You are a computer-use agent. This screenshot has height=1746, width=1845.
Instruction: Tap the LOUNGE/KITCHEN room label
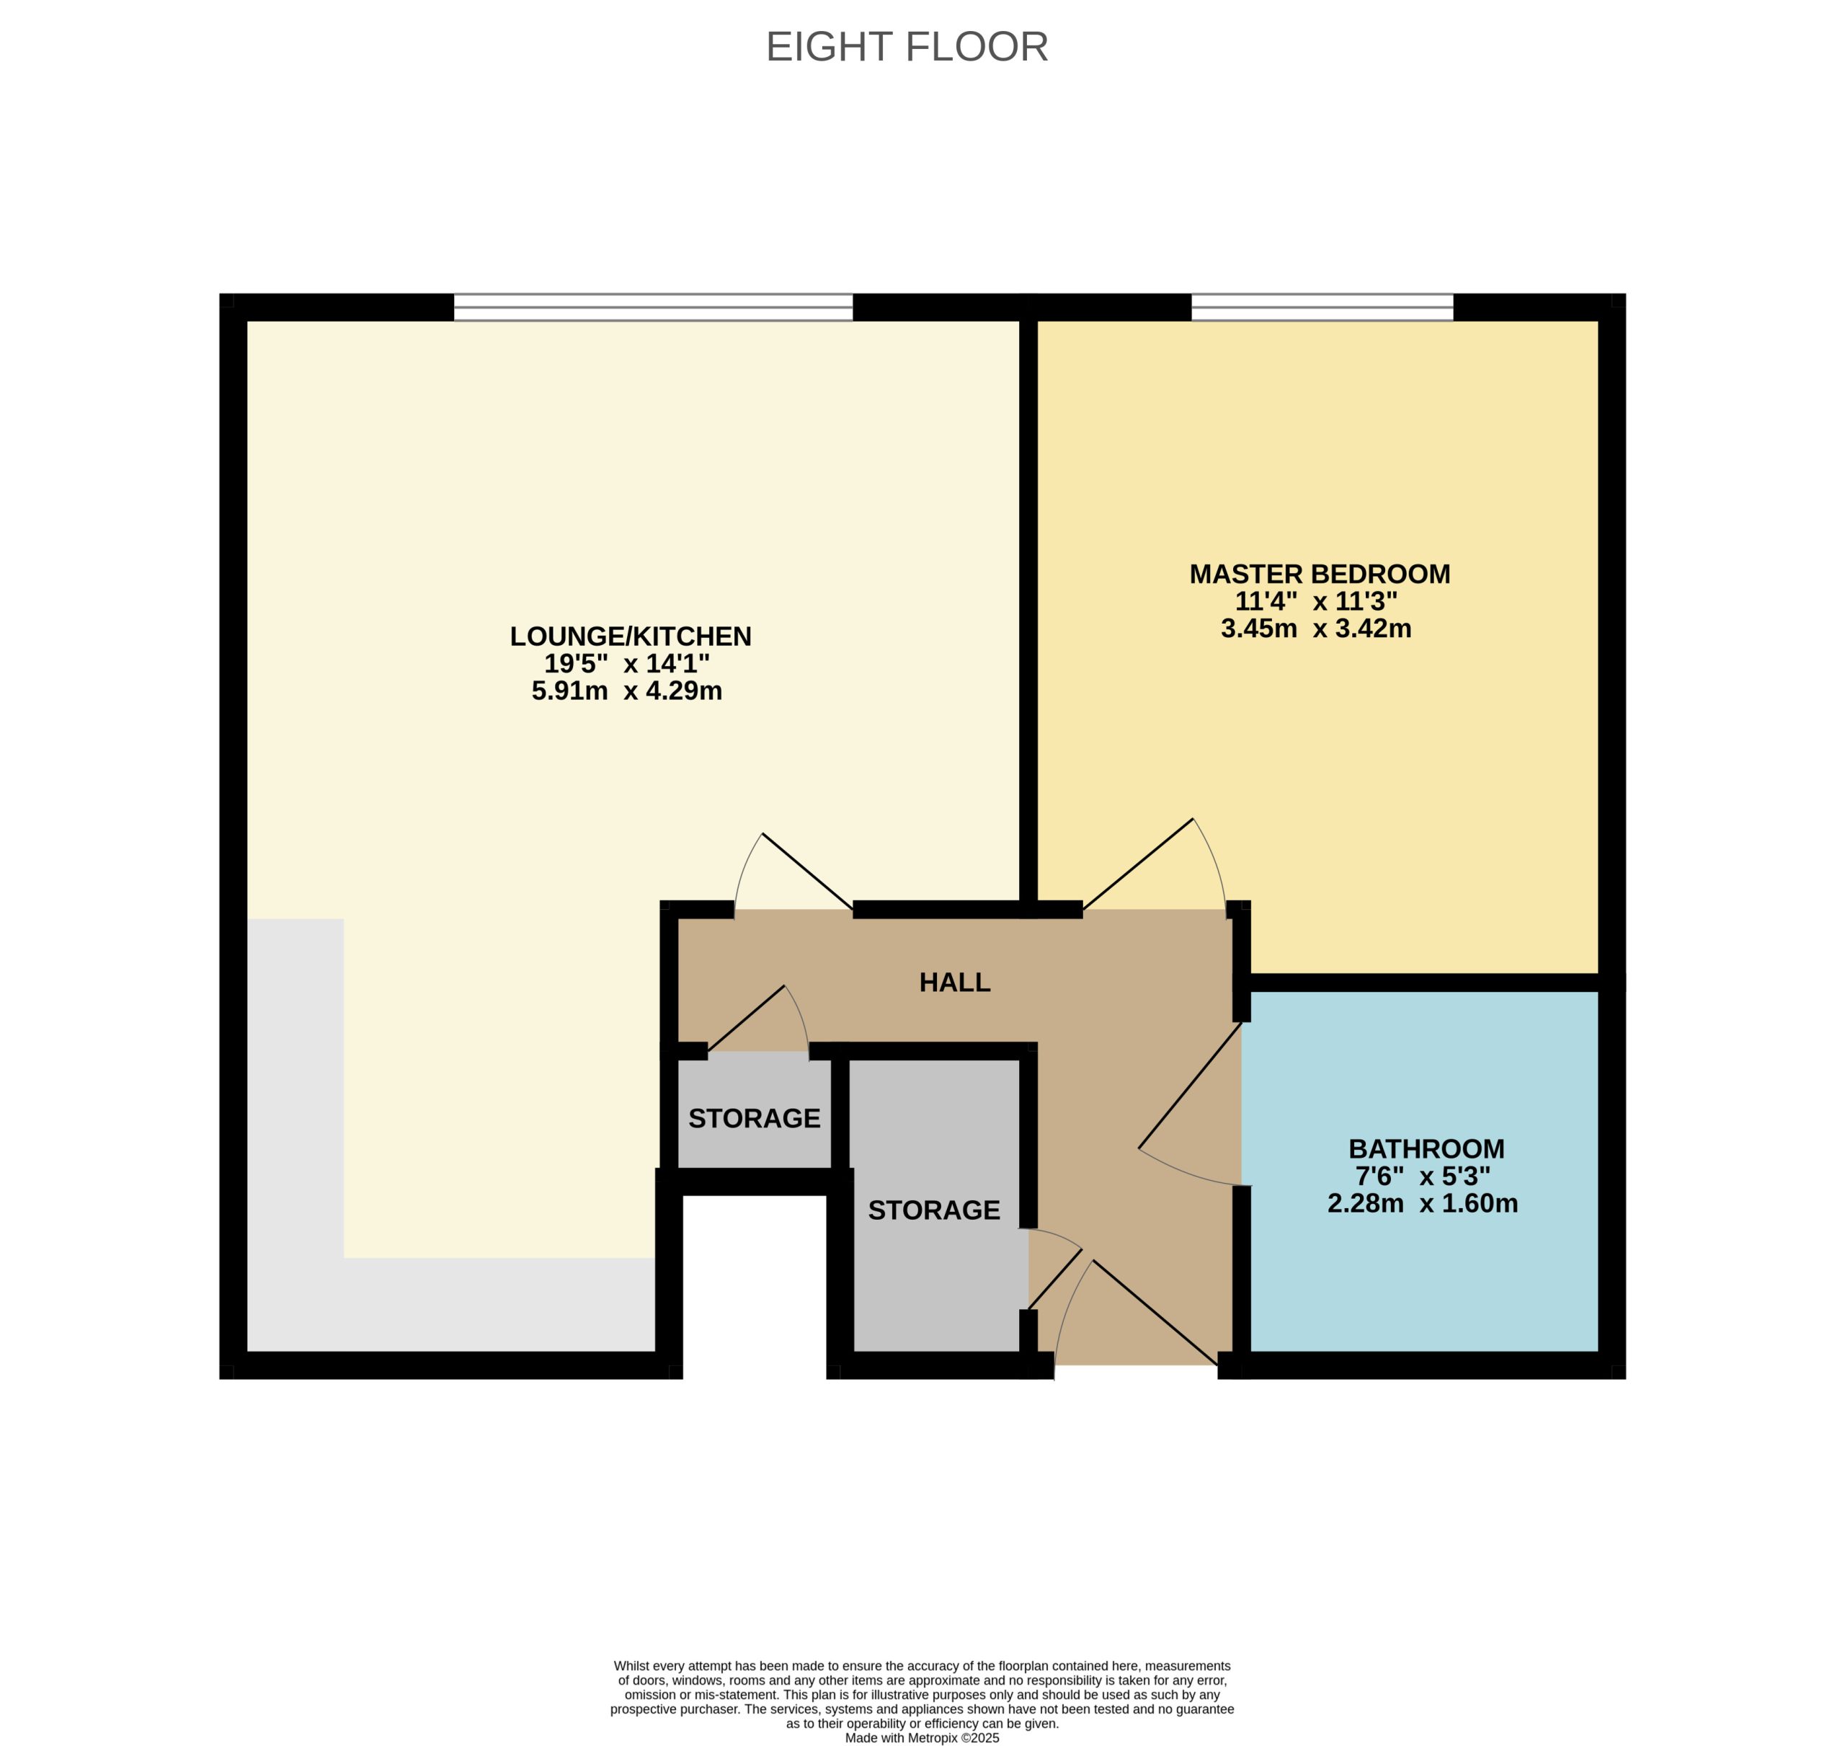[630, 636]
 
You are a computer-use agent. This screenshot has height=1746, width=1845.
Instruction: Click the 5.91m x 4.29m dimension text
[626, 691]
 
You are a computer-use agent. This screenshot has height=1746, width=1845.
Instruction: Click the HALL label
[955, 982]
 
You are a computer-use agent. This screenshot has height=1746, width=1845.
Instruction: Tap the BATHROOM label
[1426, 1148]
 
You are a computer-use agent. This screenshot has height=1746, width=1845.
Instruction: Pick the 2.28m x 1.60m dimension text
[1422, 1203]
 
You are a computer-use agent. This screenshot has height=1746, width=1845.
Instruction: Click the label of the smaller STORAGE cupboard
[754, 1118]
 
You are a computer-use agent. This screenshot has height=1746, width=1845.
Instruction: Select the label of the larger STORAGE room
[933, 1210]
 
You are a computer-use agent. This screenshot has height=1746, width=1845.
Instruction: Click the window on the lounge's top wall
[652, 307]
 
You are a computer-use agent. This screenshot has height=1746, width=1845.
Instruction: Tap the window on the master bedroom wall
[1321, 307]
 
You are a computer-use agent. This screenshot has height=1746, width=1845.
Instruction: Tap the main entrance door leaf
[1155, 1313]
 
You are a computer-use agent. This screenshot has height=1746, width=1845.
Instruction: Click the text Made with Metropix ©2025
[921, 1737]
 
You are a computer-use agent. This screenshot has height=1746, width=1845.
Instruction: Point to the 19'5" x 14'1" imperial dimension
[626, 664]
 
